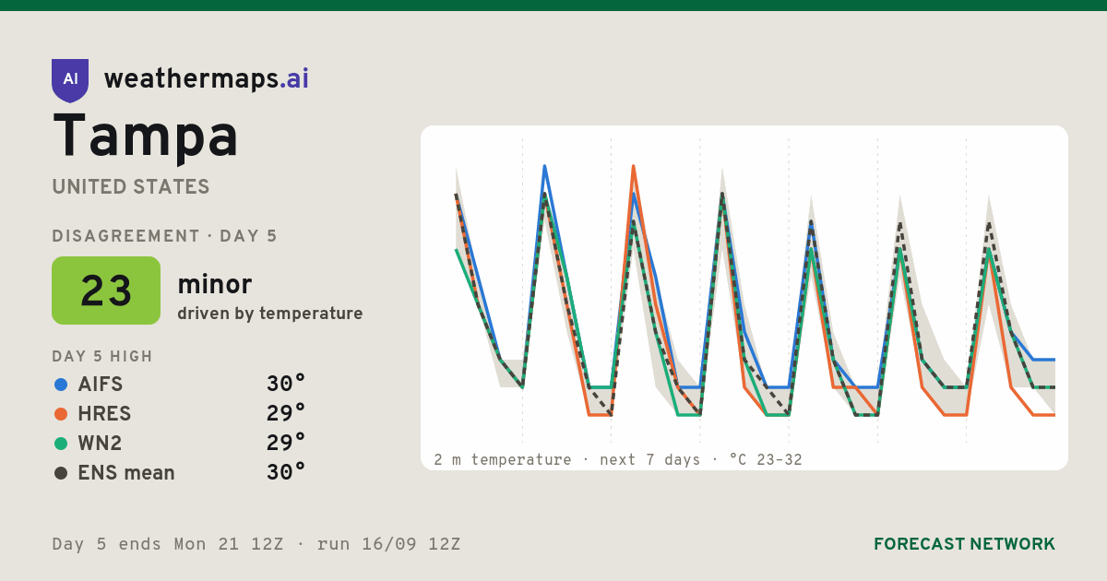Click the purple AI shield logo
click(70, 80)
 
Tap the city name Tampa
click(146, 136)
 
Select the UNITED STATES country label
click(131, 186)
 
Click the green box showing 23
click(106, 290)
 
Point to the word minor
click(214, 284)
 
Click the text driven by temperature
click(269, 314)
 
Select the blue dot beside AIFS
click(61, 385)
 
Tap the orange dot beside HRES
click(61, 414)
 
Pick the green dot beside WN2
click(61, 444)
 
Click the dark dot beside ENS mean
click(61, 473)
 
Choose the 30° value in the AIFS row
click(286, 384)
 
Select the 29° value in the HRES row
click(286, 413)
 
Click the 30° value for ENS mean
click(286, 472)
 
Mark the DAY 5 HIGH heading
click(102, 356)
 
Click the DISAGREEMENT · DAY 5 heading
click(164, 236)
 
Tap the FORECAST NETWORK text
click(964, 544)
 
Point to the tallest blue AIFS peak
click(544, 166)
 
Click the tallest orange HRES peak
click(634, 166)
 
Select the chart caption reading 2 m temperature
click(502, 460)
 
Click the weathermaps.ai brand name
click(206, 78)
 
